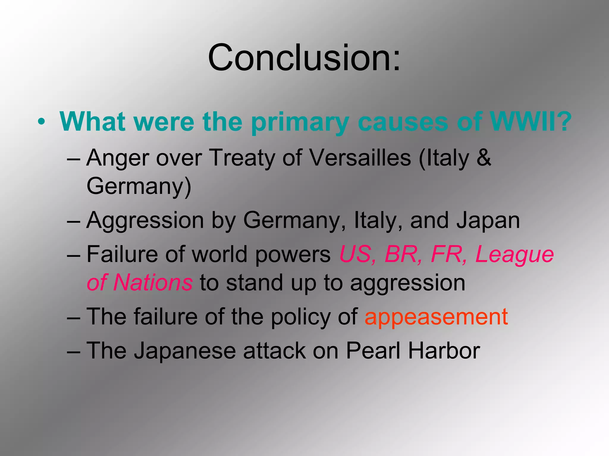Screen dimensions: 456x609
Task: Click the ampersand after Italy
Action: [483, 158]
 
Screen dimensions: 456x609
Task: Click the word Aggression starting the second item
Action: [145, 221]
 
